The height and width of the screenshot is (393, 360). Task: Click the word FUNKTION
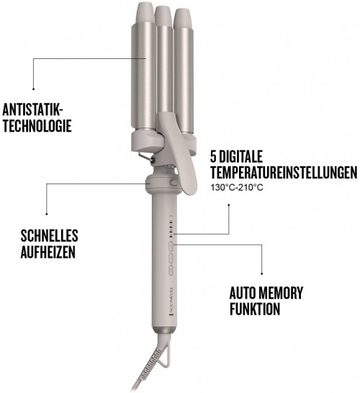[256, 310]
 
